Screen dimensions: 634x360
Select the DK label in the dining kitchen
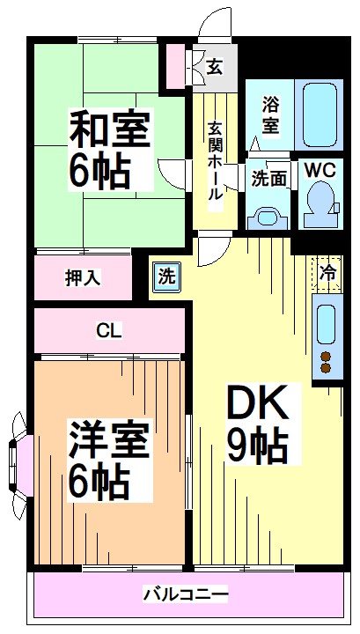pos(258,405)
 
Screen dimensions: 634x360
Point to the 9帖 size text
pos(258,447)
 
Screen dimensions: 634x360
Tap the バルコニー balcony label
pos(186,594)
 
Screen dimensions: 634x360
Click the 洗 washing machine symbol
pos(166,276)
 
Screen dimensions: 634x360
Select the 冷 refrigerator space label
pos(327,273)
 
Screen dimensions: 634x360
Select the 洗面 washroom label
pos(269,177)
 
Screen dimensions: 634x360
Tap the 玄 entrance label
pos(214,65)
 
